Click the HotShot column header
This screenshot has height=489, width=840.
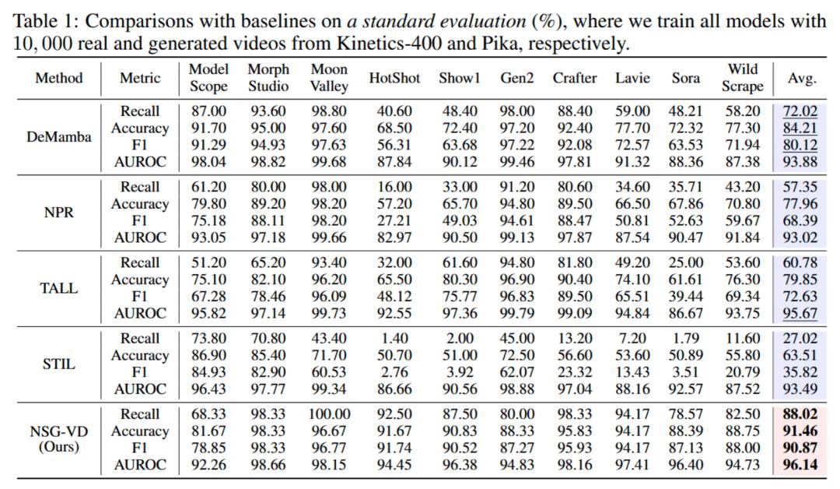click(394, 78)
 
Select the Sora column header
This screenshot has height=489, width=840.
click(685, 78)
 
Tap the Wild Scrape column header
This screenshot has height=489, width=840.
click(743, 78)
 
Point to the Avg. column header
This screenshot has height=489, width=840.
click(802, 78)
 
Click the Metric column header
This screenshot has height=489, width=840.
click(140, 78)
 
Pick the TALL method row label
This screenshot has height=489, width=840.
click(58, 288)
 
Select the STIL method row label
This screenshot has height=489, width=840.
click(58, 364)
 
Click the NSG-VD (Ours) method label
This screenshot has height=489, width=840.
click(58, 439)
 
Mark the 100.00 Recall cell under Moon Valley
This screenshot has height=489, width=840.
click(329, 414)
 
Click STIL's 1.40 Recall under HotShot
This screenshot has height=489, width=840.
click(394, 339)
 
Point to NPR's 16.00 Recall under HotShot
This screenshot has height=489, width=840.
click(394, 188)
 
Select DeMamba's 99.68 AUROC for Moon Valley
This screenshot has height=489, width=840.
click(329, 162)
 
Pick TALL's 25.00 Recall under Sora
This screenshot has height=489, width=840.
click(685, 263)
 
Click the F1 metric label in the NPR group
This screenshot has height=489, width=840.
click(140, 221)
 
